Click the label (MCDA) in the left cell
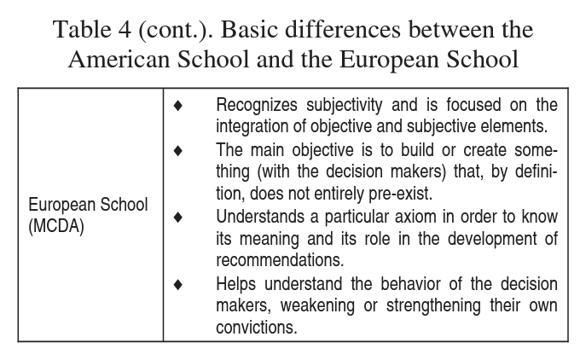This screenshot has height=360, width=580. (56, 229)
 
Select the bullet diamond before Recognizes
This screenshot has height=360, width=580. (178, 106)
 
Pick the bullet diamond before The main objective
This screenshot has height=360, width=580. (178, 150)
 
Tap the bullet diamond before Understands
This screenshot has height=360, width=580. (178, 218)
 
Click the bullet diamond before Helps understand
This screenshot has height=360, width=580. (178, 284)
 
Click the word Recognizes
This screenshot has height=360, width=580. (256, 106)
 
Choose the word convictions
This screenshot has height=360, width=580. (257, 328)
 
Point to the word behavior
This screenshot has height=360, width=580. (401, 284)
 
